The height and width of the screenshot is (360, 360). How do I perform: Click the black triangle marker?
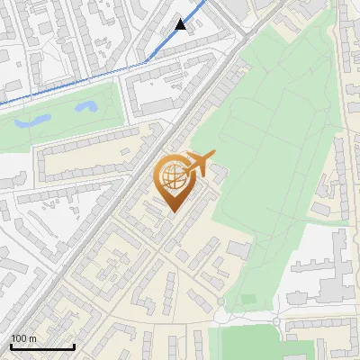pyautogui.click(x=181, y=24)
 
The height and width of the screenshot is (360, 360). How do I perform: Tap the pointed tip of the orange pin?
pyautogui.click(x=172, y=211)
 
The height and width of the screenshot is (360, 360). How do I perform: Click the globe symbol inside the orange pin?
pyautogui.click(x=171, y=176)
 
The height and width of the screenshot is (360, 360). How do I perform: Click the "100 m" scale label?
pyautogui.click(x=22, y=338)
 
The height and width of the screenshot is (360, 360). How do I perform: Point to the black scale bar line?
pyautogui.click(x=42, y=346)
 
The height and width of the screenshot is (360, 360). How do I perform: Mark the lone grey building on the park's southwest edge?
pyautogui.click(x=239, y=247)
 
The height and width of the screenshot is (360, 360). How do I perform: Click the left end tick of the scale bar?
pyautogui.click(x=11, y=346)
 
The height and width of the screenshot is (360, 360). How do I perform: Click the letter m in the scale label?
pyautogui.click(x=31, y=338)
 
